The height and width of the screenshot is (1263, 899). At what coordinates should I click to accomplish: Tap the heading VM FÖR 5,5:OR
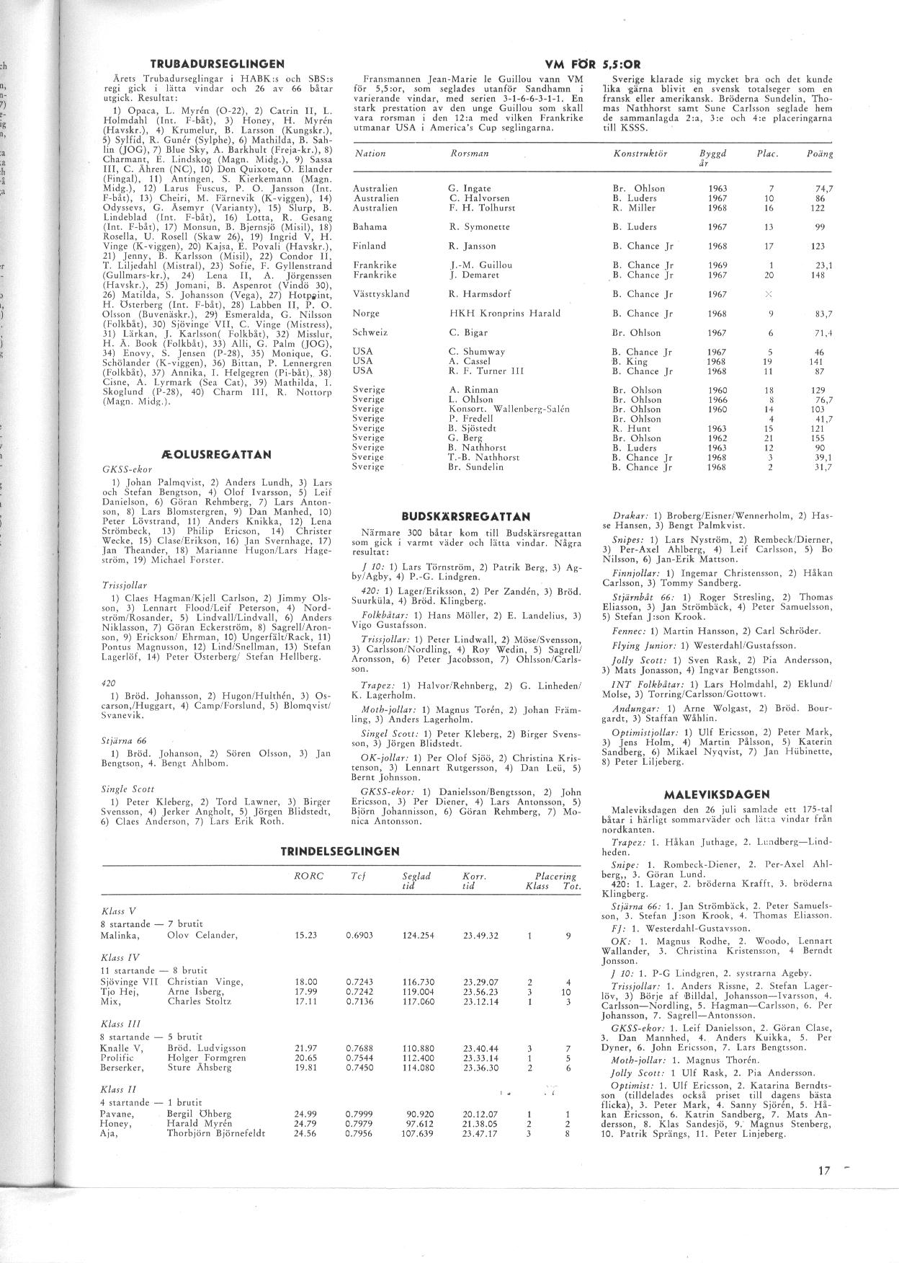pyautogui.click(x=594, y=63)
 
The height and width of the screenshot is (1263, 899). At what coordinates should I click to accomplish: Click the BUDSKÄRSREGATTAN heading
pyautogui.click(x=465, y=516)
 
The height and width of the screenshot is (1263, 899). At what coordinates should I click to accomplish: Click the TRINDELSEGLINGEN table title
pyautogui.click(x=339, y=851)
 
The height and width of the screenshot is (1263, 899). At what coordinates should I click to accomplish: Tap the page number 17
pyautogui.click(x=824, y=1171)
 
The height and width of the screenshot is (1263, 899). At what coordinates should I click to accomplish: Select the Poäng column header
pyautogui.click(x=820, y=154)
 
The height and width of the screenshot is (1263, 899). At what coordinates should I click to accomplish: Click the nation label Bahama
pyautogui.click(x=370, y=226)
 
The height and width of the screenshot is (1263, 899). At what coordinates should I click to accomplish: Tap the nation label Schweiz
pyautogui.click(x=370, y=332)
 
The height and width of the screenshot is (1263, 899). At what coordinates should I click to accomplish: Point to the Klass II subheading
pyautogui.click(x=118, y=1089)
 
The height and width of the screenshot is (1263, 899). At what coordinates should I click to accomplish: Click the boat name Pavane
pyautogui.click(x=117, y=1114)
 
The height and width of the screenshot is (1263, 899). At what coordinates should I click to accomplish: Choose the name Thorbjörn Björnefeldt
pyautogui.click(x=216, y=1133)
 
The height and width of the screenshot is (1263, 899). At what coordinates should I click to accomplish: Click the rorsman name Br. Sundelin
pyautogui.click(x=475, y=466)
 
